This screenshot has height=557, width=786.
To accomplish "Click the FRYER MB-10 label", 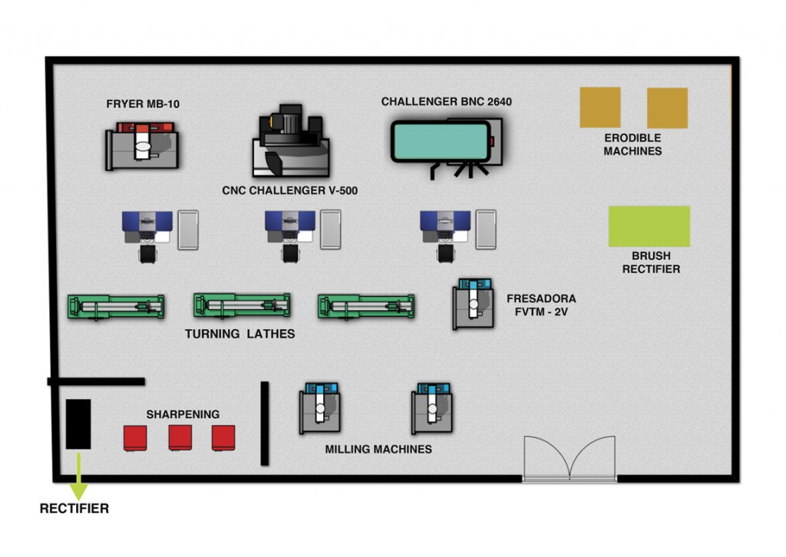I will pyautogui.click(x=143, y=104).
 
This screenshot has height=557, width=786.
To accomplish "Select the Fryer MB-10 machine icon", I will pyautogui.click(x=143, y=149).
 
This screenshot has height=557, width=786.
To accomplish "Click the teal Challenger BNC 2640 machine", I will pyautogui.click(x=441, y=141).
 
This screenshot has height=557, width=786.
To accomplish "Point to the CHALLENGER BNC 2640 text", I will pyautogui.click(x=446, y=101).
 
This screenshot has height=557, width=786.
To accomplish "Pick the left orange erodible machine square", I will pyautogui.click(x=599, y=107).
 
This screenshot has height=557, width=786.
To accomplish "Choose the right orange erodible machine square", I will pyautogui.click(x=667, y=107).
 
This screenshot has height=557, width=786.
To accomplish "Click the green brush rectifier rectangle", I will pyautogui.click(x=649, y=226).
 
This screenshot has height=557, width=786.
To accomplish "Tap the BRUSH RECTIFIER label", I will pyautogui.click(x=651, y=262).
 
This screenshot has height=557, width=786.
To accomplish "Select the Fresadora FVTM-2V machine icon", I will pyautogui.click(x=473, y=304).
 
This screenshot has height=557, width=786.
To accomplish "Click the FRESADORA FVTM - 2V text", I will pyautogui.click(x=541, y=305).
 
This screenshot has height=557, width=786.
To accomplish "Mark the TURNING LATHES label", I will pyautogui.click(x=239, y=335).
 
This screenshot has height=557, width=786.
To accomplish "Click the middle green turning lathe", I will pyautogui.click(x=242, y=305).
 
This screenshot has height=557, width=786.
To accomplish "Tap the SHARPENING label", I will pyautogui.click(x=183, y=414).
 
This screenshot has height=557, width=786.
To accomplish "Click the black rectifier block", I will pyautogui.click(x=78, y=424).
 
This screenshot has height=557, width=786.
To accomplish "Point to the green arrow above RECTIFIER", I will pyautogui.click(x=78, y=482).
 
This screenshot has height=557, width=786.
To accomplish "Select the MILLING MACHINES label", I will pyautogui.click(x=378, y=449).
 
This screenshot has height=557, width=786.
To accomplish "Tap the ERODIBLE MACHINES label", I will pyautogui.click(x=632, y=144).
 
